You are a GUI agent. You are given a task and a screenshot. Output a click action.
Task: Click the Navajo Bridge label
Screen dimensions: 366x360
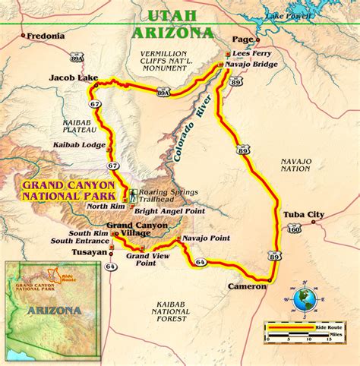tap(251, 65)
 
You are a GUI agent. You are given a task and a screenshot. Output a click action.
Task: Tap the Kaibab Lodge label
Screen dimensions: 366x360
tap(78, 144)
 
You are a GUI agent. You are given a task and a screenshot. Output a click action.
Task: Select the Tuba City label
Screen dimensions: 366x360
tap(304, 214)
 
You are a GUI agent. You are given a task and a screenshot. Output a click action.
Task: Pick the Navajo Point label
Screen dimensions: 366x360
tap(207, 238)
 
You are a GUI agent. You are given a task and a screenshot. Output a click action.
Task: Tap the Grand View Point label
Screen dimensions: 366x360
tap(147, 260)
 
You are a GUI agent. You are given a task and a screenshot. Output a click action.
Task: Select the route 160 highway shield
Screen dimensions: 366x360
tap(292, 227)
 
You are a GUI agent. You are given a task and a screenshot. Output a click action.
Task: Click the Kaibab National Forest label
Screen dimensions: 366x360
tap(169, 311)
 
